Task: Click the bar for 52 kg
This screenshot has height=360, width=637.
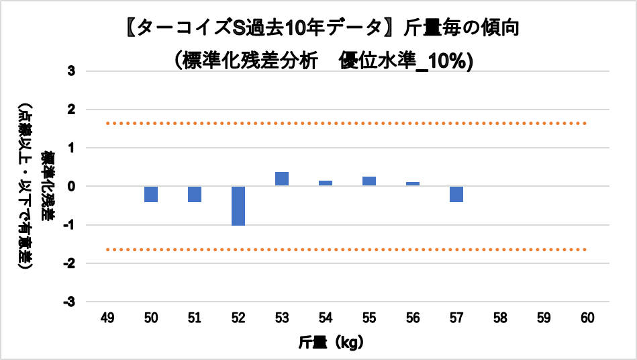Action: pos(238,206)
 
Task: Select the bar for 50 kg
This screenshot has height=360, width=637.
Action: pos(151,194)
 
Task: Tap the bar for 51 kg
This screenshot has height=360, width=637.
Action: pos(195,194)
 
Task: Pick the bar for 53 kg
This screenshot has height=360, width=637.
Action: pos(282,179)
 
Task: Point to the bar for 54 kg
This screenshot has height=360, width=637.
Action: pos(326,183)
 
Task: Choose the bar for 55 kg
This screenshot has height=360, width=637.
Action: pos(369,181)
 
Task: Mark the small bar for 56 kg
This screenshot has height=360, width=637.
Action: pos(413,184)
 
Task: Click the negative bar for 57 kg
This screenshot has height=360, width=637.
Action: pos(456,194)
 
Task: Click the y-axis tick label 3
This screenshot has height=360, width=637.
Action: pos(72,71)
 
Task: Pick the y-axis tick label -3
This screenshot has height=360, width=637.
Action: pos(70,302)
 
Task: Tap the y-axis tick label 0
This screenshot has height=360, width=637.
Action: pos(72,186)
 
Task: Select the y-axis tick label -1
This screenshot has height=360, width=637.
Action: pos(70,225)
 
